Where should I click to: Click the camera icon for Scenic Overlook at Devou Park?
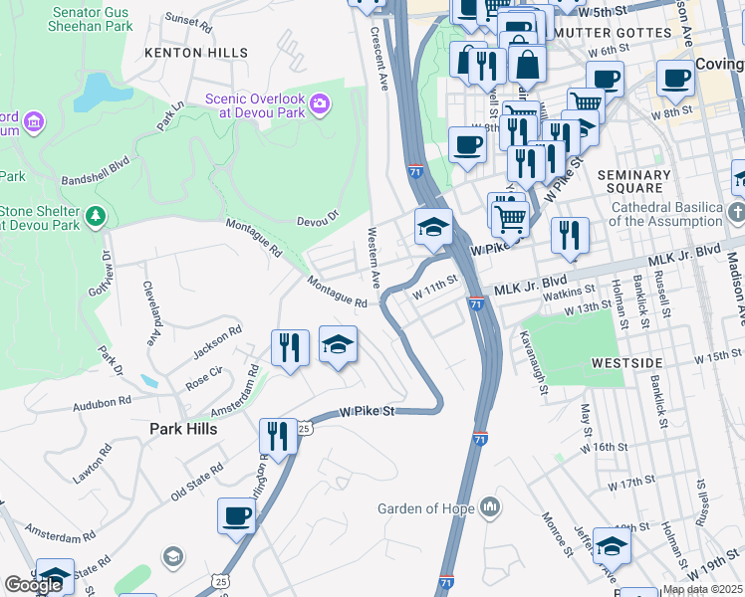pyautogui.click(x=320, y=102)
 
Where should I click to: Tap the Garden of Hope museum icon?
pyautogui.click(x=489, y=508)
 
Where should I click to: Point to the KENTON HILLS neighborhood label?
pyautogui.click(x=196, y=53)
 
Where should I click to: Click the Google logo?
pyautogui.click(x=33, y=585)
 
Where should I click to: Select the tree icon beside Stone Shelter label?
pyautogui.click(x=96, y=215)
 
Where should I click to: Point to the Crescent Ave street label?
pyautogui.click(x=378, y=59)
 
